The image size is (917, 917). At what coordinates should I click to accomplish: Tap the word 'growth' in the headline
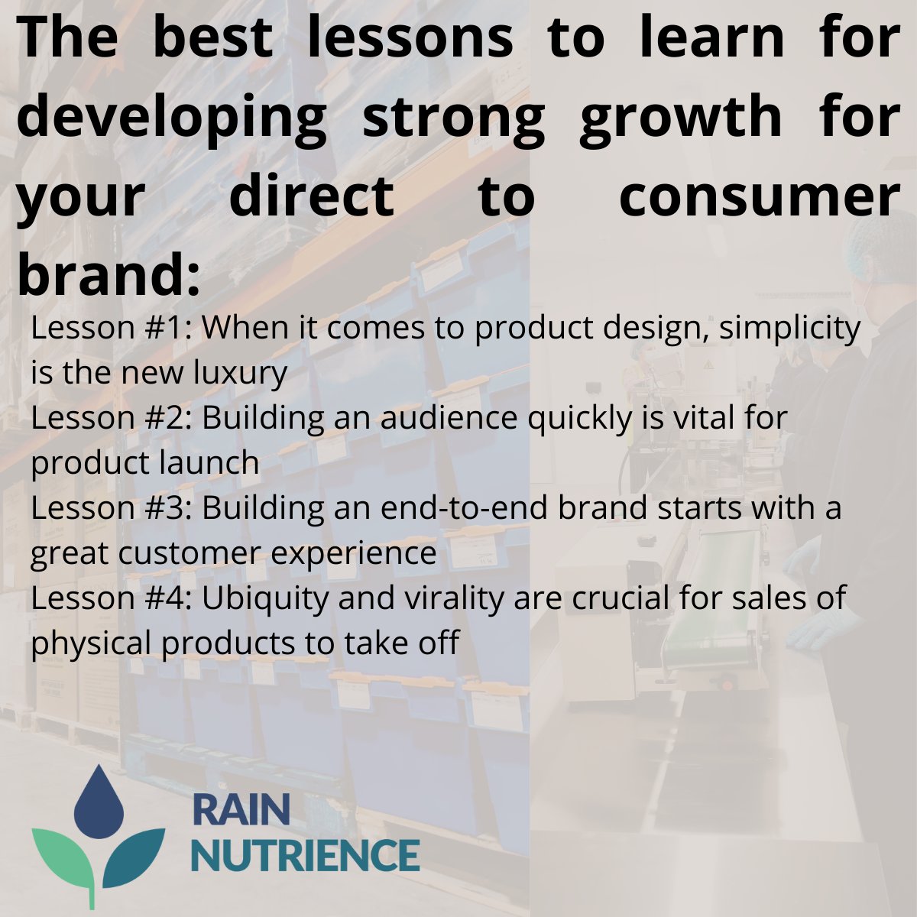(680, 116)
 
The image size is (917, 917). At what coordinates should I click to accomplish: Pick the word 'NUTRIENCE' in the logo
(305, 855)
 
